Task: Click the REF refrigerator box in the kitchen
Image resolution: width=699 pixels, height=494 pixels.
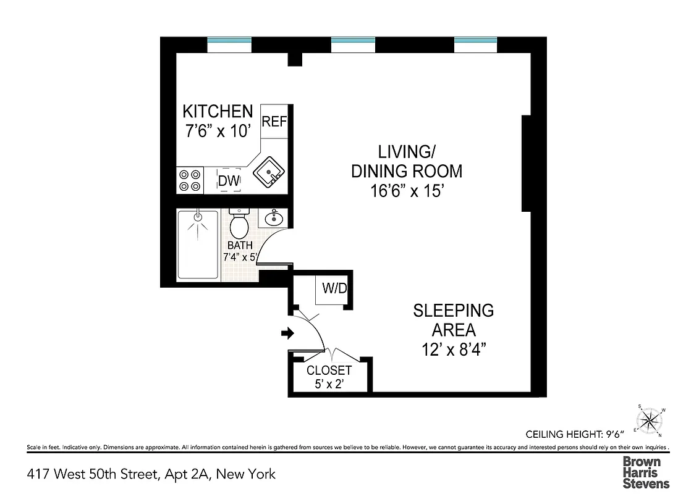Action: [274, 121]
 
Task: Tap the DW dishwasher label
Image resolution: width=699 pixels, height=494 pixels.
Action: [228, 181]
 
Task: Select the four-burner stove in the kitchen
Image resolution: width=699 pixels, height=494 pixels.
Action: [190, 180]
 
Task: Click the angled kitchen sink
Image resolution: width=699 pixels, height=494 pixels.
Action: [269, 172]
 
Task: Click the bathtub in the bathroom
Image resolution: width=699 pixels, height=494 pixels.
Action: [198, 245]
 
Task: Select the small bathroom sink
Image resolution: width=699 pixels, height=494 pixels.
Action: [274, 218]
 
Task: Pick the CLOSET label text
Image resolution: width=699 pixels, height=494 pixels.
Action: [329, 371]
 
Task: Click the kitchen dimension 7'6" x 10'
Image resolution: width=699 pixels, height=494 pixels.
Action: [218, 131]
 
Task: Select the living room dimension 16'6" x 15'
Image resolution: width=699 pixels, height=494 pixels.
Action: [406, 191]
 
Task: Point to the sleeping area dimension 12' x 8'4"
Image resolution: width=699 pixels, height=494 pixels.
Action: [453, 350]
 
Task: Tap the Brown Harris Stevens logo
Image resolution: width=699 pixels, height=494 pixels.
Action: [645, 472]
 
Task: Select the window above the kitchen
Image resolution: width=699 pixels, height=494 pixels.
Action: [229, 44]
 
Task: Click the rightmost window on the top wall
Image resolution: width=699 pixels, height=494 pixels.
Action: [476, 44]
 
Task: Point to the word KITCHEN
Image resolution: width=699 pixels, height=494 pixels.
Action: [218, 112]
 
